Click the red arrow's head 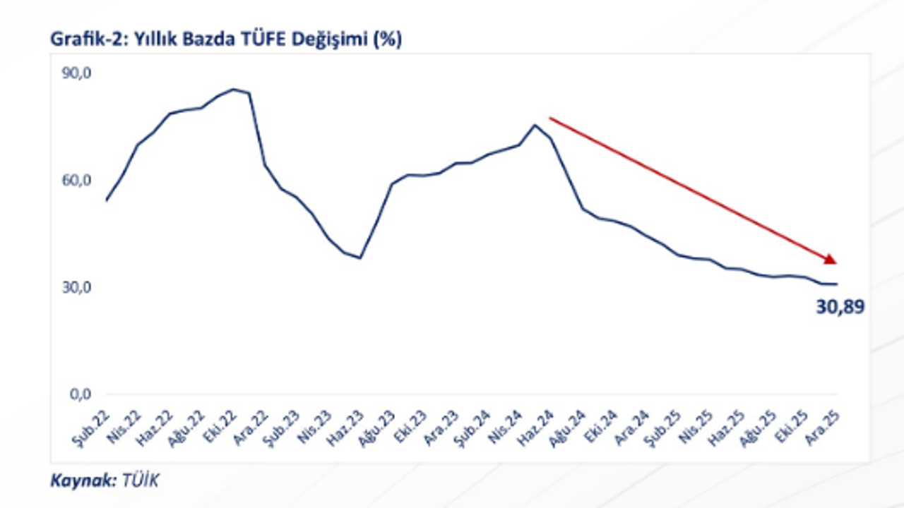tap(830, 259)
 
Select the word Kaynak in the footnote tap(78, 481)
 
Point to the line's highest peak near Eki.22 tap(233, 90)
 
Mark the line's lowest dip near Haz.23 tap(360, 258)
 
